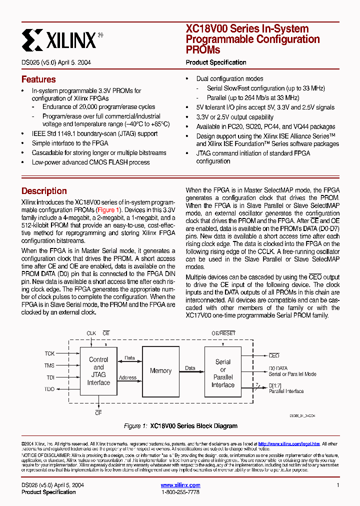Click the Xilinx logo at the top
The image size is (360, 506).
62,39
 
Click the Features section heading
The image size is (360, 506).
38,79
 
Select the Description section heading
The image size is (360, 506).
44,191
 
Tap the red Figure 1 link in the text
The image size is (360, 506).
108,210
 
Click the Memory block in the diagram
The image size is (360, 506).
160,371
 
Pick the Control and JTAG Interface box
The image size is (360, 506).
98,371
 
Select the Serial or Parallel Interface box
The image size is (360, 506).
222,373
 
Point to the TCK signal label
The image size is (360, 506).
49,353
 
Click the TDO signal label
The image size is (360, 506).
49,389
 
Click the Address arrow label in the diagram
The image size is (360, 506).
128,377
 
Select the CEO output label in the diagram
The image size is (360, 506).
274,356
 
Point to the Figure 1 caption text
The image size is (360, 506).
180,426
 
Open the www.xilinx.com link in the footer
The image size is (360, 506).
180,485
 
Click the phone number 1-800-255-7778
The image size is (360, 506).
180,492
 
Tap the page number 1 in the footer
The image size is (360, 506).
338,485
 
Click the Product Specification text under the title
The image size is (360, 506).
216,62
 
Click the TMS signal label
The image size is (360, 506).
49,365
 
